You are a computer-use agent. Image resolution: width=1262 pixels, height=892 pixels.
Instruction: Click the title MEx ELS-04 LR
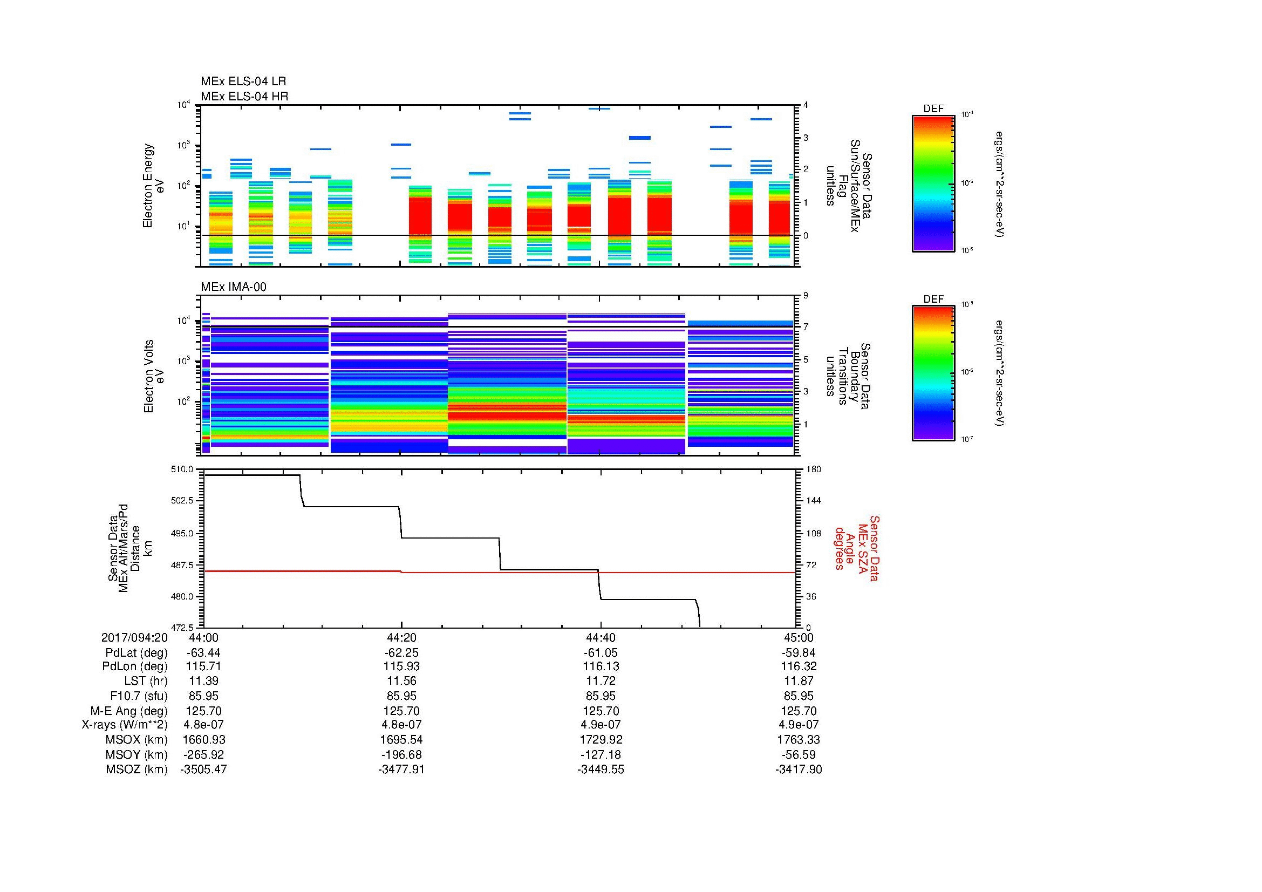click(243, 81)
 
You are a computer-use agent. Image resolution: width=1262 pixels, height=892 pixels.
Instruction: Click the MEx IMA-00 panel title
click(233, 287)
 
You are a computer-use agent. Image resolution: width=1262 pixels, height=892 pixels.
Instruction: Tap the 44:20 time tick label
click(401, 637)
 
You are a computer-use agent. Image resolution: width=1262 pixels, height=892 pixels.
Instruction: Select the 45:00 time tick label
click(799, 637)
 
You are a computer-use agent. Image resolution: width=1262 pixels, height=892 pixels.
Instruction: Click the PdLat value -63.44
click(204, 653)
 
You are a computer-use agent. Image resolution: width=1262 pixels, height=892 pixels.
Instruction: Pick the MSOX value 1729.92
click(601, 740)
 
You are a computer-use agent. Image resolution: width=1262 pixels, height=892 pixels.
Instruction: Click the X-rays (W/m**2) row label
click(124, 725)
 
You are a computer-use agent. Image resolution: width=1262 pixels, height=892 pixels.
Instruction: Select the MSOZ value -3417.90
click(799, 770)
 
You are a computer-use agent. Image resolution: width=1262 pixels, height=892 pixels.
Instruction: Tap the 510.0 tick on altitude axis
click(183, 469)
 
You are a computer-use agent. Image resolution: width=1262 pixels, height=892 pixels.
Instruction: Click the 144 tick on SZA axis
click(813, 501)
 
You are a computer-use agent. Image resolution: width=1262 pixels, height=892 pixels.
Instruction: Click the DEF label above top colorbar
click(933, 109)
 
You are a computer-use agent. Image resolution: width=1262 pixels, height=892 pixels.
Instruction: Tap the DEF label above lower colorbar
click(933, 299)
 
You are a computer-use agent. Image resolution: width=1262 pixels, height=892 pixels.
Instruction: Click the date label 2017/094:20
click(134, 637)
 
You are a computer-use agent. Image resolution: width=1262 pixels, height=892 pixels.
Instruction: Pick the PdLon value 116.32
click(799, 666)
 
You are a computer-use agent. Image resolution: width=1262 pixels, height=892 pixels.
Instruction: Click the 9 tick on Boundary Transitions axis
click(806, 296)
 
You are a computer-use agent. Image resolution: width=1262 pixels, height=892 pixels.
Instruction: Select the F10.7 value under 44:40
click(601, 696)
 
